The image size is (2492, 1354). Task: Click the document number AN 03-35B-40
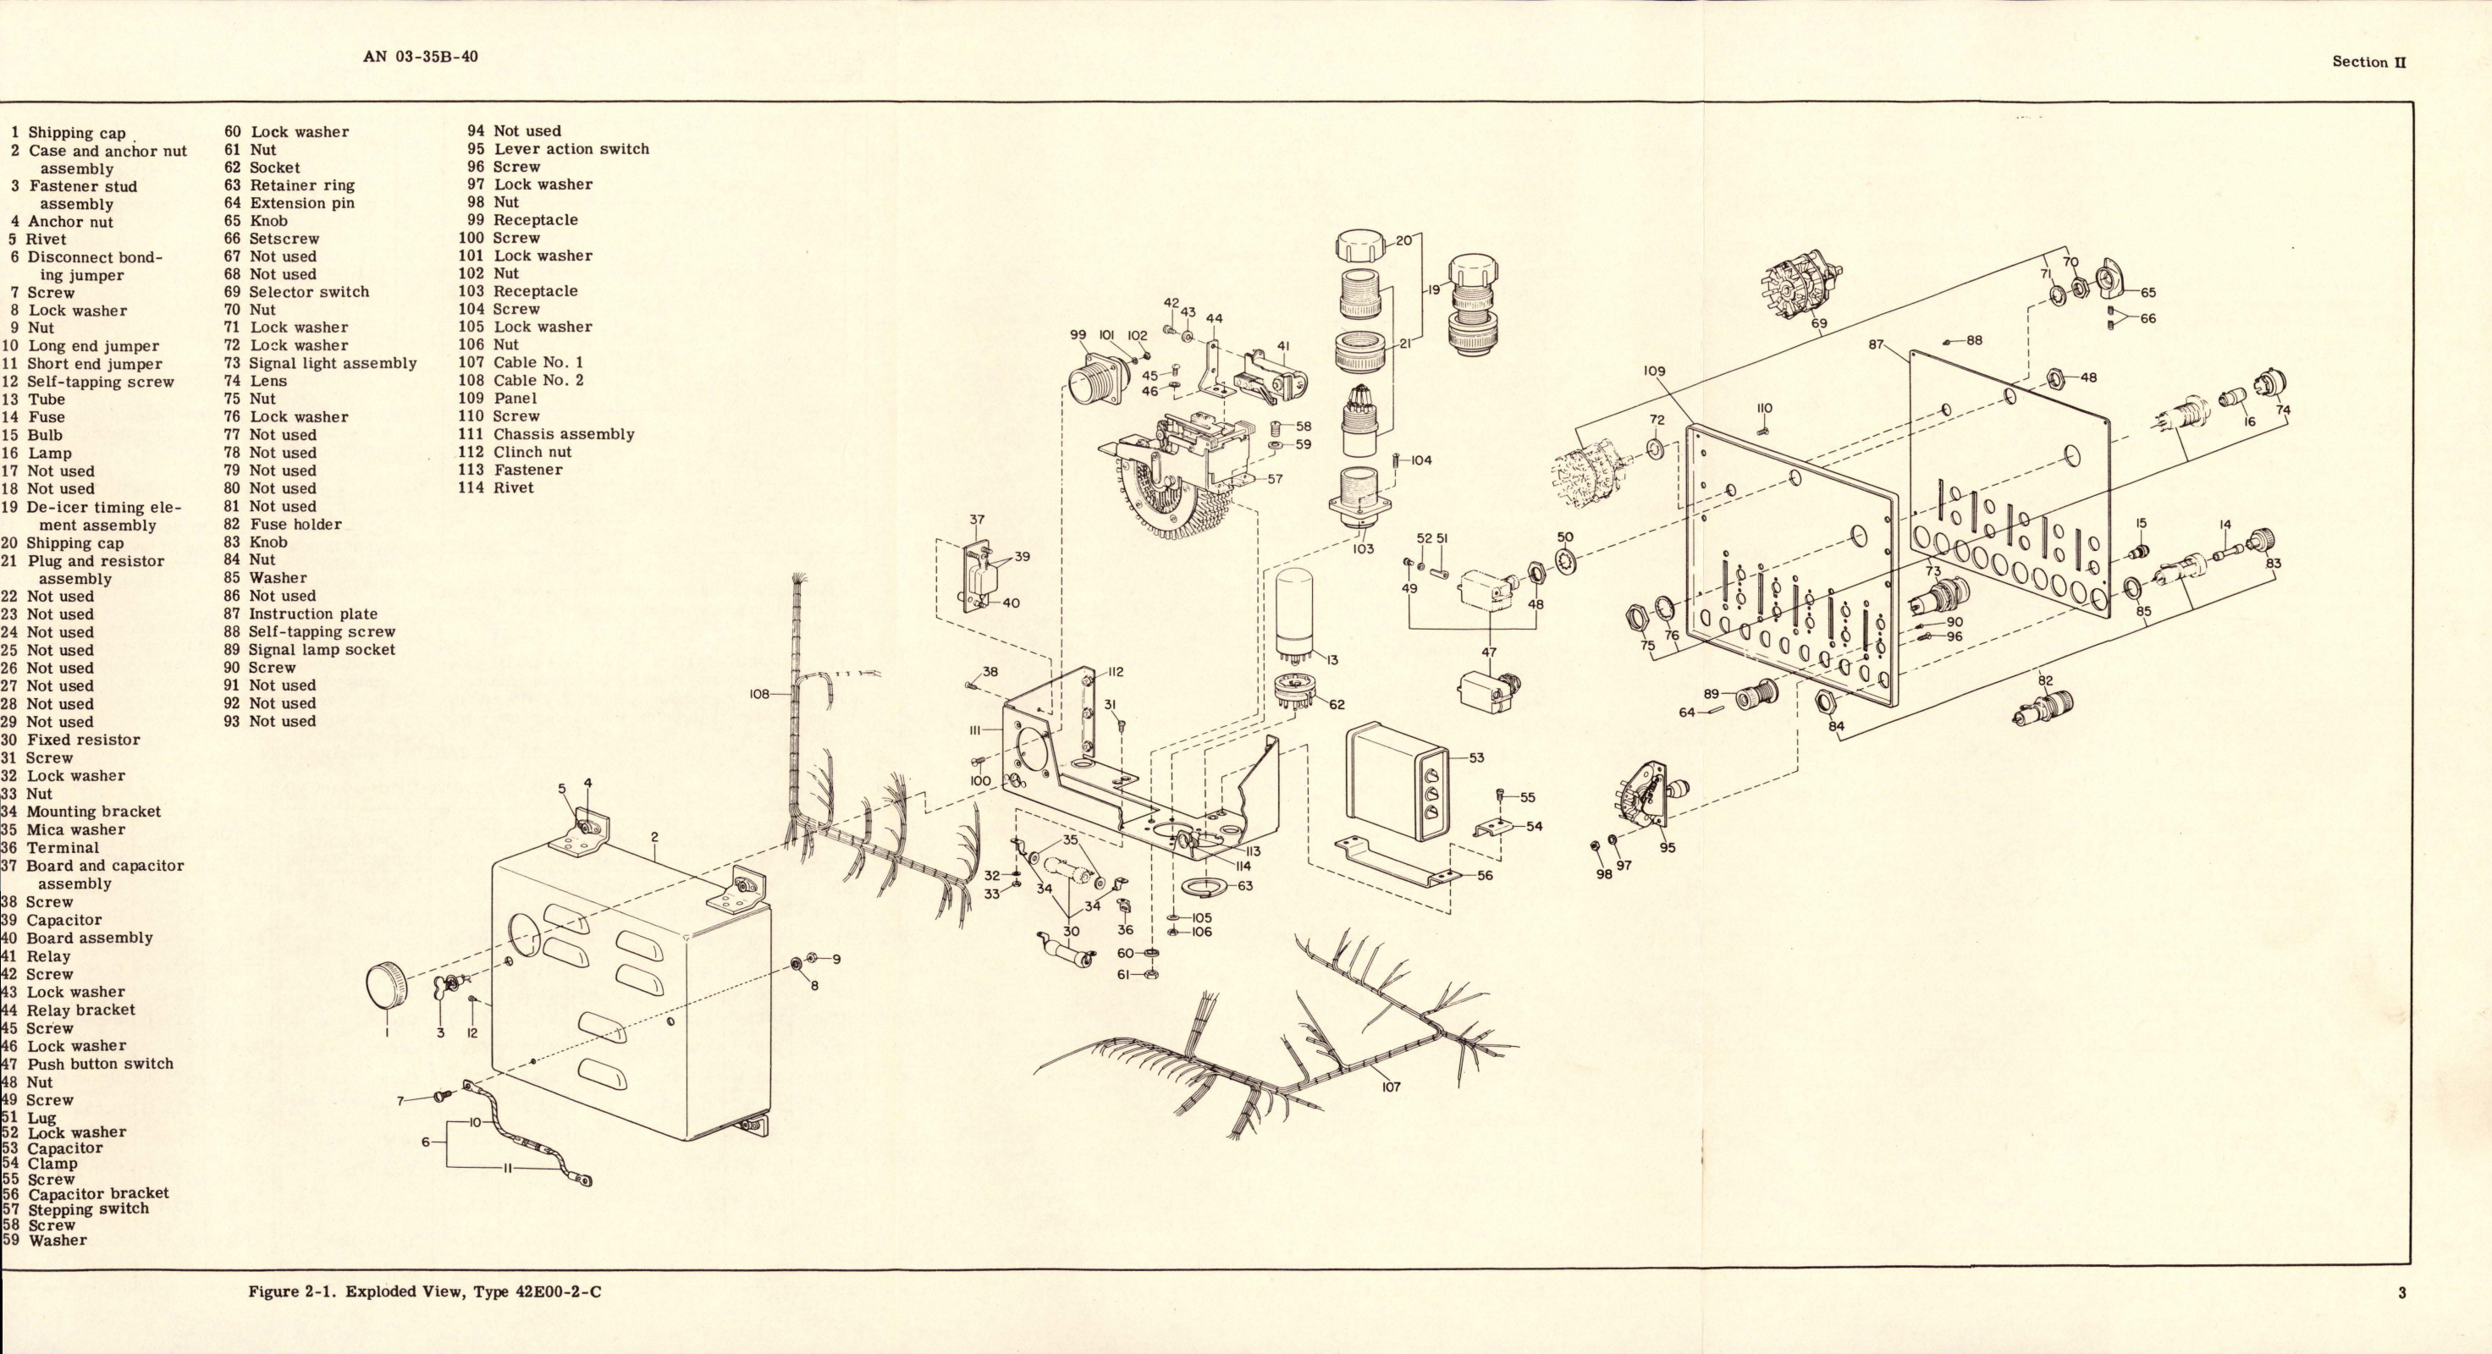pos(421,56)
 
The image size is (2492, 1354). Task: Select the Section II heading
pos(2368,62)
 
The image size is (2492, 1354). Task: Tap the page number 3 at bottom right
pos(2402,1292)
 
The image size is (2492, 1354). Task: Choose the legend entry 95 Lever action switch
pos(558,149)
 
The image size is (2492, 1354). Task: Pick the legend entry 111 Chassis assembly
pos(547,434)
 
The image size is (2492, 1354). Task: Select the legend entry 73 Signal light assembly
pos(320,363)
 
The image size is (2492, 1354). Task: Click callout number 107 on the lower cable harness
pos(1390,1086)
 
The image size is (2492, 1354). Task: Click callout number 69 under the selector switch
pos(1819,323)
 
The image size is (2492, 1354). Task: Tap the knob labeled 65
pos(2114,278)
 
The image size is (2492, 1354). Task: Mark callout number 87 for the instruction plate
pos(1876,344)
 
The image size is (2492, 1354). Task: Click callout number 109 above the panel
pos(1655,371)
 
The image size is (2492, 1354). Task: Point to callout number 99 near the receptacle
pos(1078,334)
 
